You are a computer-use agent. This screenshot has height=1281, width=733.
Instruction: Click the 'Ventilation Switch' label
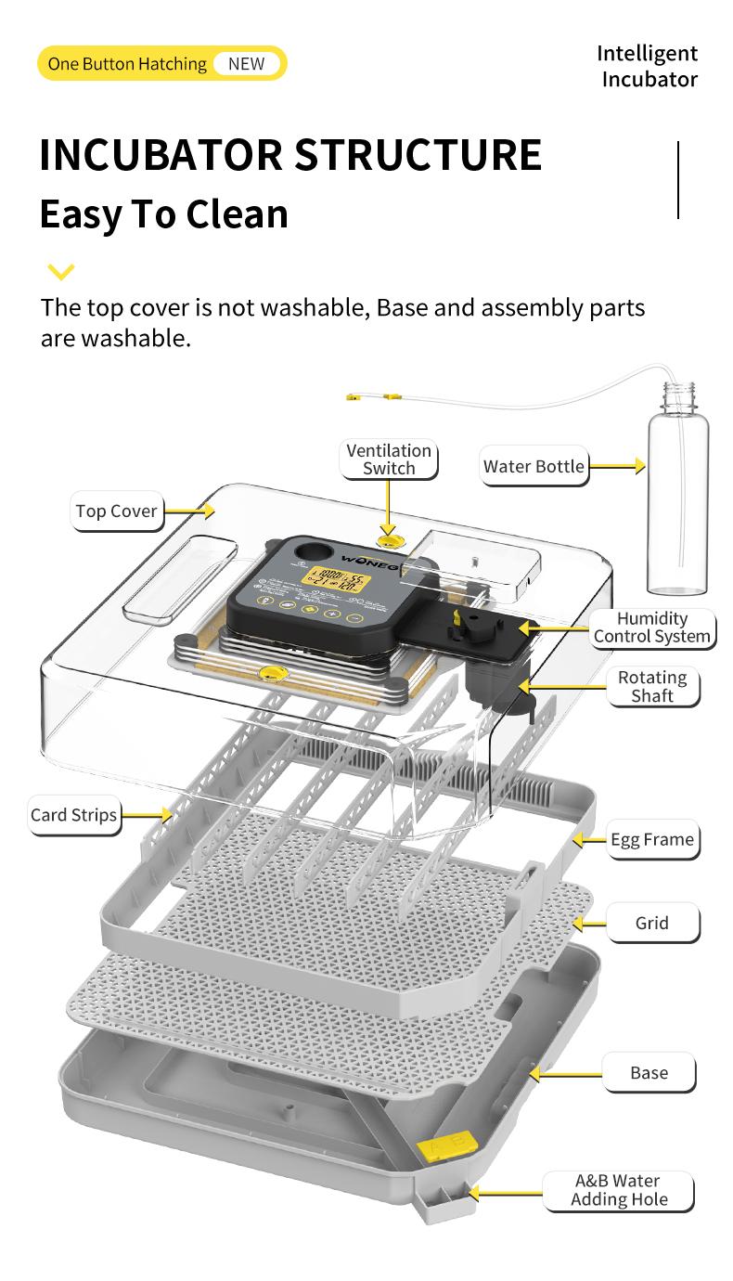pos(389,459)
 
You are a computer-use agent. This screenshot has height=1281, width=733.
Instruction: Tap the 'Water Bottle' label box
pos(534,466)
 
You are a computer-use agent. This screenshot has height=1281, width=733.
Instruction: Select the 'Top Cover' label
pos(116,511)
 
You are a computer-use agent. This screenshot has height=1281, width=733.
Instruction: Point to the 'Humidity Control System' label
pos(652,628)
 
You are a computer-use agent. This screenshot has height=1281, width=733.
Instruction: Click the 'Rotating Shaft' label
pos(652,687)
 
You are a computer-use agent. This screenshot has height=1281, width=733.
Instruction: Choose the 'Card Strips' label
pos(73,815)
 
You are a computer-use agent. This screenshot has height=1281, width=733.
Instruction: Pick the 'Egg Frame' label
pos(651,839)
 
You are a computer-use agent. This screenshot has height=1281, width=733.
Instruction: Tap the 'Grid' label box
pos(651,923)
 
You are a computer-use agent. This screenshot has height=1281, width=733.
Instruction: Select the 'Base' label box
pos(649,1072)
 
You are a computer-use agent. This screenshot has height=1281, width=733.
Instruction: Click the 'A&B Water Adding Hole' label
pos(619,1190)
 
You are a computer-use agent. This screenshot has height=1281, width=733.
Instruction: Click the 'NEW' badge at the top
pos(246,64)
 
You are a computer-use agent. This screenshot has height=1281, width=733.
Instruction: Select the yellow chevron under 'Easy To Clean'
pos(60,272)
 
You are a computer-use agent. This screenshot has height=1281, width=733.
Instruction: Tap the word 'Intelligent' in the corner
pos(647,53)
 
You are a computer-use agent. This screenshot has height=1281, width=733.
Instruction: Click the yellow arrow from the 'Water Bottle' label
pos(616,466)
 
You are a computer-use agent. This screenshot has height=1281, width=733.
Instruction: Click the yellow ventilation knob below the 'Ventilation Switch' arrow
pos(389,537)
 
